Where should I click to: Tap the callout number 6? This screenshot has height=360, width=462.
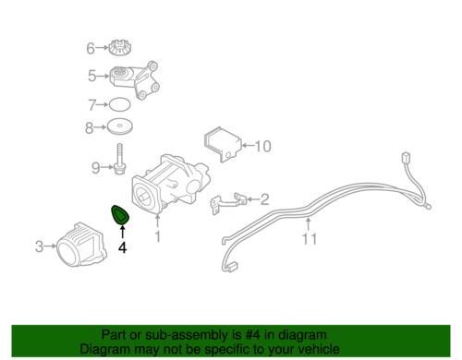pyautogui.click(x=91, y=48)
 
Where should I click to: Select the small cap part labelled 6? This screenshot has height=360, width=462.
pyautogui.click(x=118, y=48)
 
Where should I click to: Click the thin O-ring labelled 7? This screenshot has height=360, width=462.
pyautogui.click(x=120, y=104)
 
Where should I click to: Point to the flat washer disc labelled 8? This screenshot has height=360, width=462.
pyautogui.click(x=120, y=126)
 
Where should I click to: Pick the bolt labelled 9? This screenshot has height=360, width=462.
pyautogui.click(x=119, y=160)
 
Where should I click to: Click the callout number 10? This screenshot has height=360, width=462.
pyautogui.click(x=262, y=146)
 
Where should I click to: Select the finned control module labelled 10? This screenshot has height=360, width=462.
pyautogui.click(x=222, y=144)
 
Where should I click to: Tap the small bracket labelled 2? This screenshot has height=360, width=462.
pyautogui.click(x=229, y=201)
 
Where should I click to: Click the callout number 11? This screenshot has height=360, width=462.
pyautogui.click(x=310, y=239)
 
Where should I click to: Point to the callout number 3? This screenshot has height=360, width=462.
pyautogui.click(x=39, y=246)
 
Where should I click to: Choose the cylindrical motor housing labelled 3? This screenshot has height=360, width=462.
pyautogui.click(x=81, y=245)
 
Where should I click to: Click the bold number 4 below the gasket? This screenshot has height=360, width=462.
pyautogui.click(x=123, y=247)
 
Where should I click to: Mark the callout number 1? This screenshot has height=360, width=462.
pyautogui.click(x=158, y=236)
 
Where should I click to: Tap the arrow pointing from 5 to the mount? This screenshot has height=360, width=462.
pyautogui.click(x=103, y=76)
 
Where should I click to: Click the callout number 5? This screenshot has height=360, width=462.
pyautogui.click(x=92, y=76)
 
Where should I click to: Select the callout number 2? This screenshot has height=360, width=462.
pyautogui.click(x=265, y=199)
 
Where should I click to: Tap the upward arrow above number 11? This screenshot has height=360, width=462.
pyautogui.click(x=309, y=224)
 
